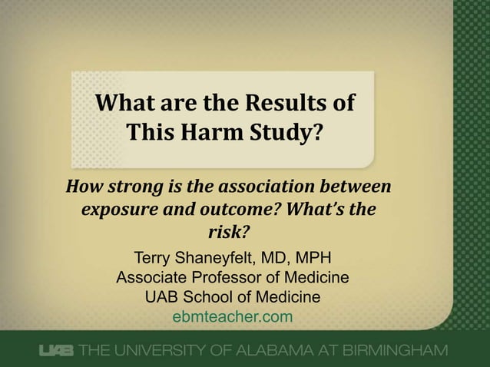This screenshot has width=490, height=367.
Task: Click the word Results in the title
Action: [x=290, y=102]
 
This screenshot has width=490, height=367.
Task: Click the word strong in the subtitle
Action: [x=134, y=187]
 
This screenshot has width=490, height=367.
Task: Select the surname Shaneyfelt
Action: [x=220, y=257]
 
